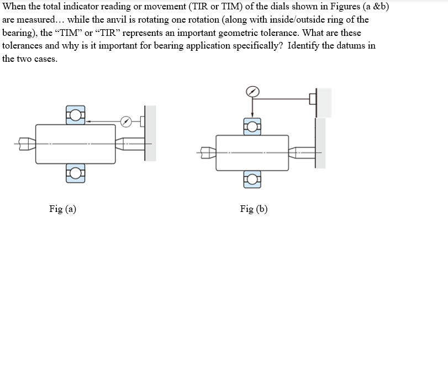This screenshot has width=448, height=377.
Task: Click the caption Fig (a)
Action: point(62,209)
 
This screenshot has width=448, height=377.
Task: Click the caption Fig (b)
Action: point(254,209)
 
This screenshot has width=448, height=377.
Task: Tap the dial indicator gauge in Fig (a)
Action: point(127,120)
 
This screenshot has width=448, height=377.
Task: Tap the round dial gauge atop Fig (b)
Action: point(252,91)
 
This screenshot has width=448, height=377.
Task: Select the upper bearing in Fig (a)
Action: point(76,114)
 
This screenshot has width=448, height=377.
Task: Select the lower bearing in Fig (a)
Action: point(76,173)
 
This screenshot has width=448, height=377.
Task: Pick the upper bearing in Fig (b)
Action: point(252,126)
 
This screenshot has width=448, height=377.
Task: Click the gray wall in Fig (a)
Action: point(150,133)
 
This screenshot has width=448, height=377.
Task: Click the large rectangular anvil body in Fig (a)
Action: point(75,144)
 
